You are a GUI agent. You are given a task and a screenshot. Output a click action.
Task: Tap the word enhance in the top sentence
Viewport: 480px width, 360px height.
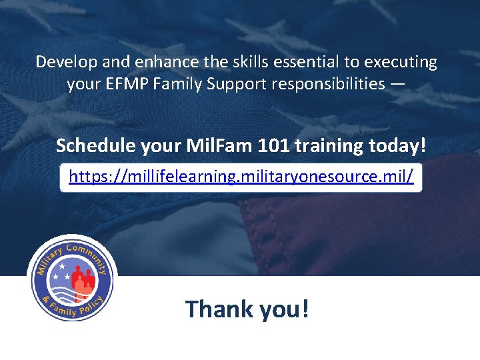158,63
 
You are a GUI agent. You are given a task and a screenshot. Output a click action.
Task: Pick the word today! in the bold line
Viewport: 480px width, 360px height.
395,145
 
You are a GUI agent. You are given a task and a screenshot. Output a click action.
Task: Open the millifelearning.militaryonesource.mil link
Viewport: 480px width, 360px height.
241,176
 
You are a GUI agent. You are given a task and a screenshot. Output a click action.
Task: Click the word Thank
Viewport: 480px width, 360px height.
219,309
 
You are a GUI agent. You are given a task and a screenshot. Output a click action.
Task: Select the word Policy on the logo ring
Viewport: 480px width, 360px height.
89,305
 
